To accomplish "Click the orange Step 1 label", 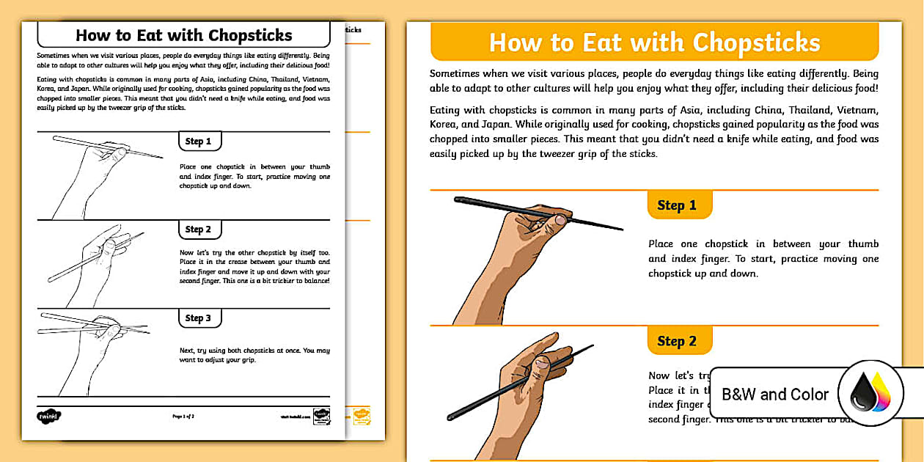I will point(679,205).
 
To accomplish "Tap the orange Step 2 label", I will point(679,341).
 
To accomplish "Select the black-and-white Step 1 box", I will point(199,142).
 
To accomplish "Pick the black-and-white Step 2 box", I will point(199,230).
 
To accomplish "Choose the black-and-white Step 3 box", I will point(199,318).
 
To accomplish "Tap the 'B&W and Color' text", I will point(775,395).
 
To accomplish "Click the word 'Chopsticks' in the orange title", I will point(756,43).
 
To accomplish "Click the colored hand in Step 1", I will point(513,249).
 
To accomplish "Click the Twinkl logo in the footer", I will point(48,416).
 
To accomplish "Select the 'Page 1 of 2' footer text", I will point(183,416).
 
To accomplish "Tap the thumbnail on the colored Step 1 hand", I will point(561,219).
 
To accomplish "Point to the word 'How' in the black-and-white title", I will point(94,35).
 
